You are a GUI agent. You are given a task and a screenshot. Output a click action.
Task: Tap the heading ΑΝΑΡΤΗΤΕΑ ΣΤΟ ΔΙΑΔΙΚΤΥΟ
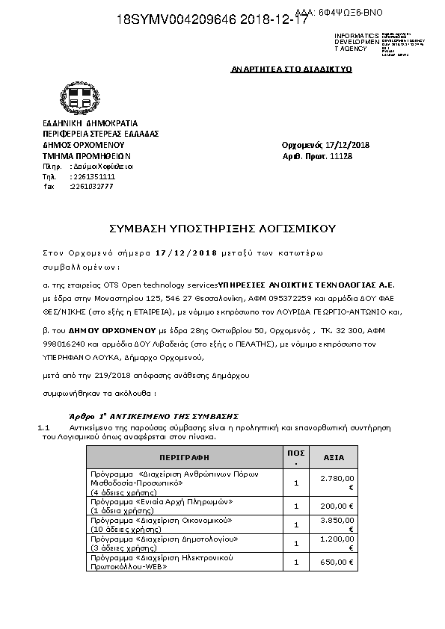click(291, 69)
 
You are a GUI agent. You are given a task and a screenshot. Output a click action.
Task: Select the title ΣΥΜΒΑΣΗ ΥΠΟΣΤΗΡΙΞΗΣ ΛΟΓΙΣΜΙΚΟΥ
click(222, 228)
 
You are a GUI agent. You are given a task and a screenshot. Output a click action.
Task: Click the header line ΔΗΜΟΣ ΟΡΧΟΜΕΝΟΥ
click(83, 145)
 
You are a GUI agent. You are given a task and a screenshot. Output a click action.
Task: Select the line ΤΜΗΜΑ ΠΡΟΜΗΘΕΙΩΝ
click(82, 156)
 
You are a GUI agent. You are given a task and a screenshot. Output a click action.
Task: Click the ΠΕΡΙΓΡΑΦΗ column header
click(184, 456)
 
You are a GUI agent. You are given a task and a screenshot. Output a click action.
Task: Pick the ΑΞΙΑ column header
click(334, 456)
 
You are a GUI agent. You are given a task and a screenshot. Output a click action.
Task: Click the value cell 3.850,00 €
click(337, 524)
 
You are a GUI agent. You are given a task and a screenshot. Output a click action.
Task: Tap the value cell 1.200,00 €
click(337, 542)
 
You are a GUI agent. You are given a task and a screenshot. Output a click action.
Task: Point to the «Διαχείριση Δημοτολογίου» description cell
click(164, 542)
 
